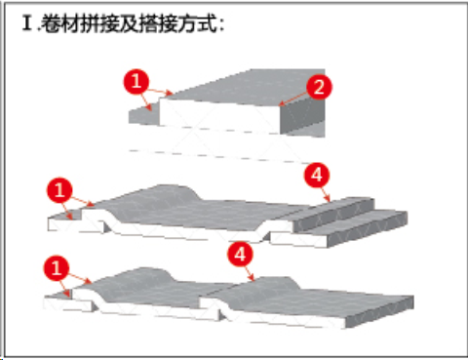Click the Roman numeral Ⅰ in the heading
[28, 23]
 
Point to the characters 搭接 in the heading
[158, 23]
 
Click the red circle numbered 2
[319, 87]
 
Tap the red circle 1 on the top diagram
[136, 81]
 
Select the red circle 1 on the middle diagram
[59, 190]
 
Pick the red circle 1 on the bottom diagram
[57, 268]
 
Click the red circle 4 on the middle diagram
[317, 176]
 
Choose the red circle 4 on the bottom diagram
[241, 255]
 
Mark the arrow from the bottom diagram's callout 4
[250, 273]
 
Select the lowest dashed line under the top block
[221, 156]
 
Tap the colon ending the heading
[221, 25]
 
